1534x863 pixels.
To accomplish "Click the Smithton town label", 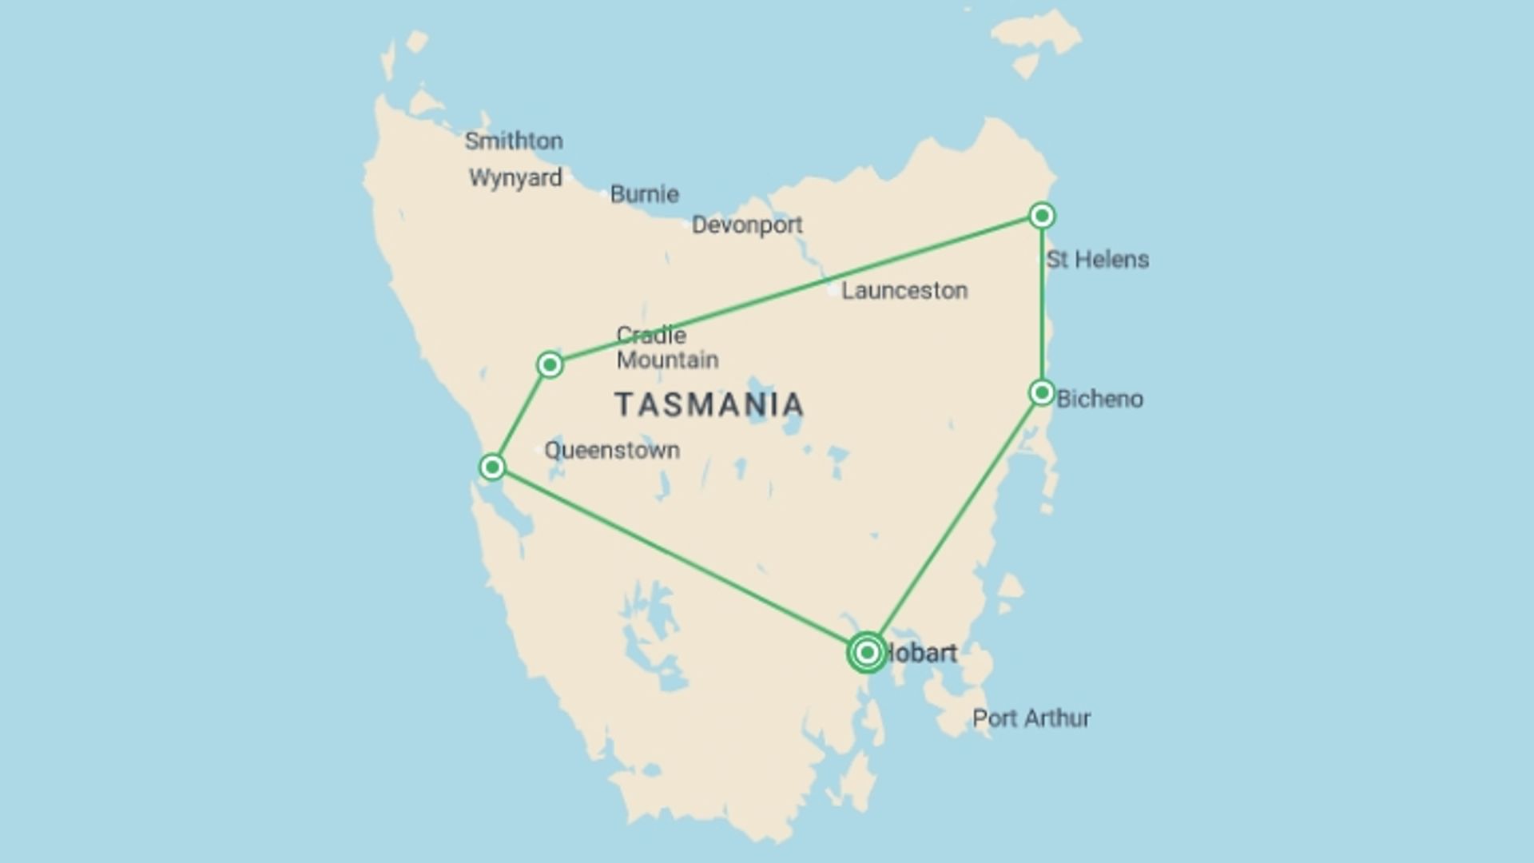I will (x=514, y=141).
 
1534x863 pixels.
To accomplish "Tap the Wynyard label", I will (x=515, y=177).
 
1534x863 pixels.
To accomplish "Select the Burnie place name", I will (x=644, y=194).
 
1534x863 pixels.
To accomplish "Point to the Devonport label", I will (x=747, y=225).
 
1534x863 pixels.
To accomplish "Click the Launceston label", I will (x=904, y=291).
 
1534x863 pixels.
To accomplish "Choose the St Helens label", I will (x=1098, y=260).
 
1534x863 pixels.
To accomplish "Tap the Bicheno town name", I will (x=1099, y=399).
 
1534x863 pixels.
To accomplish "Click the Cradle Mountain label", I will (x=666, y=348).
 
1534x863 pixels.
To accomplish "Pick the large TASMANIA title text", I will (x=709, y=404).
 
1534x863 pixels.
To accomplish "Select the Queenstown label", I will (x=612, y=451).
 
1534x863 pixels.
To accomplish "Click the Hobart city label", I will (x=922, y=654).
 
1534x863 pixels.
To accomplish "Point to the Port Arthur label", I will (x=1031, y=718).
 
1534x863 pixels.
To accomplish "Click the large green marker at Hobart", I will (x=867, y=653).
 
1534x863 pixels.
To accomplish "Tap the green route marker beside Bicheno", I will (x=1042, y=392).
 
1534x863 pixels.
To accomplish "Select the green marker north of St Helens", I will (x=1042, y=216).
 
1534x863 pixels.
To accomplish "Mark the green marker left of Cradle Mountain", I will (x=550, y=365).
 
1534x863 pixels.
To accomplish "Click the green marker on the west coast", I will (x=492, y=467).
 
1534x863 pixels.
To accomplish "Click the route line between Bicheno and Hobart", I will (x=955, y=523).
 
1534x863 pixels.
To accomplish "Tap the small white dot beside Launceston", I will (x=833, y=291).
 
